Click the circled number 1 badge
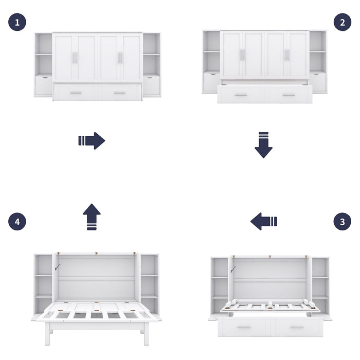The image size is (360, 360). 17,22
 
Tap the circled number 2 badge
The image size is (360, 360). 343,22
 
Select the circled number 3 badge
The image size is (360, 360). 343,222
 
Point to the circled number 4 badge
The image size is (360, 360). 17,222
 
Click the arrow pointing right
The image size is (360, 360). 92,140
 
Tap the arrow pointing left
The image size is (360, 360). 264,222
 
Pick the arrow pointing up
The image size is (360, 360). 92,217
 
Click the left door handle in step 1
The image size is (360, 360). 75,58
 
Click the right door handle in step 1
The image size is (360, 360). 120,58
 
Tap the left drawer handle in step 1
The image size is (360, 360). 76,93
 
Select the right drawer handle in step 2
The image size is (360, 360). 289,95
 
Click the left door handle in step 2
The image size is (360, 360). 242,55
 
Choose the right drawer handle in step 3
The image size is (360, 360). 296,327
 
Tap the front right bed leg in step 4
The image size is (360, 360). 146,334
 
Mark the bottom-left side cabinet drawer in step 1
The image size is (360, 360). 43,85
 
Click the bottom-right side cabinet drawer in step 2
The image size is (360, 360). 318,82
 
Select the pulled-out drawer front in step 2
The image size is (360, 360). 264,95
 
